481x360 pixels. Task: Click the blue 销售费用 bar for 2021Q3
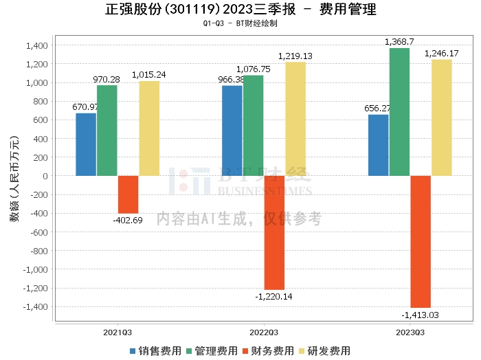[86, 144]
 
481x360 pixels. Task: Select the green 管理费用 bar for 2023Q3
[399, 112]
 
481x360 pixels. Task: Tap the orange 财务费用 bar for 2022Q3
[274, 232]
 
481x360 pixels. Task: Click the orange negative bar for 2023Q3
[421, 241]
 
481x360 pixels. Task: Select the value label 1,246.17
[442, 54]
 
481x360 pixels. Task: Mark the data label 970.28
[107, 80]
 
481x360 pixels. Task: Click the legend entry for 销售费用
[155, 350]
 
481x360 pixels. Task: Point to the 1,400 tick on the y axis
[36, 45]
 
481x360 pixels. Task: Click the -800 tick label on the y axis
[37, 251]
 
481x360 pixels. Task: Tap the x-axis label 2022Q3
[254, 332]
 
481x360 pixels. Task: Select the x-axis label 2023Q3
[410, 332]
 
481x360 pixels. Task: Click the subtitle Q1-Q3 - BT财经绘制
[240, 23]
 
